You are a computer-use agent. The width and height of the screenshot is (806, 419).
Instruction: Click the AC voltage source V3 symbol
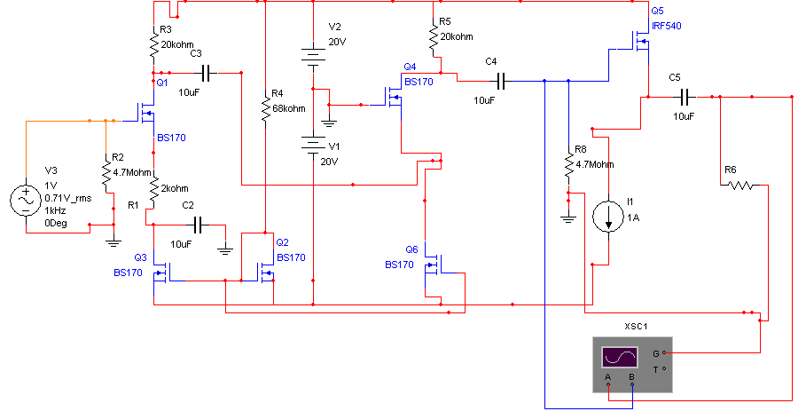[26, 201]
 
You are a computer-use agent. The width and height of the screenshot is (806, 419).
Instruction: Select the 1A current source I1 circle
[608, 217]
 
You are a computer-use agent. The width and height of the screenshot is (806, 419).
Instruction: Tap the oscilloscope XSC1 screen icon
[620, 357]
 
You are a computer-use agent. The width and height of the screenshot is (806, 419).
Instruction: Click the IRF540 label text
[667, 26]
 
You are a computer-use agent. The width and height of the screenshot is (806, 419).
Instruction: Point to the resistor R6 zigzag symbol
[740, 185]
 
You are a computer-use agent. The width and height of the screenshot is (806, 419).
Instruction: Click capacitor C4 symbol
[502, 81]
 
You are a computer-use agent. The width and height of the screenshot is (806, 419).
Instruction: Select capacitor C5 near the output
[685, 97]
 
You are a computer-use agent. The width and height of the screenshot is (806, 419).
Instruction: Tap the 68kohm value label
[289, 108]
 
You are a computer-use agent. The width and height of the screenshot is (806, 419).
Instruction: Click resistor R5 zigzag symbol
[434, 38]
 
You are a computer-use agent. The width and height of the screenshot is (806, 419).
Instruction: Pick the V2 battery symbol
[313, 58]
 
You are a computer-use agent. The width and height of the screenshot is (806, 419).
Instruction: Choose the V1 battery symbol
[313, 145]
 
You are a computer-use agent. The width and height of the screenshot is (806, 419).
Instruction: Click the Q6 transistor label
[411, 249]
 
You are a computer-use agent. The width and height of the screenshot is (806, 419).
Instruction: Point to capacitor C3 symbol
[208, 73]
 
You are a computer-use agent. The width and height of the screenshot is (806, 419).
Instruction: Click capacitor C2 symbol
[200, 225]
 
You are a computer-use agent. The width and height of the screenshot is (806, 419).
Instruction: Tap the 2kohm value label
[175, 188]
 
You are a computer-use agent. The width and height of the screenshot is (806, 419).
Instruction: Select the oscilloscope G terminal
[664, 352]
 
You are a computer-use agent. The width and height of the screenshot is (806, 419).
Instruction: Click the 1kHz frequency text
[55, 210]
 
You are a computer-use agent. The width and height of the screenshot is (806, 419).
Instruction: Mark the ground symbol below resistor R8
[568, 218]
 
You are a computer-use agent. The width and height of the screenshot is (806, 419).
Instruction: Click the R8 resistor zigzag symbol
[568, 165]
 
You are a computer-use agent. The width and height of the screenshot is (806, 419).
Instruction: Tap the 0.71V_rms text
[68, 198]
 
